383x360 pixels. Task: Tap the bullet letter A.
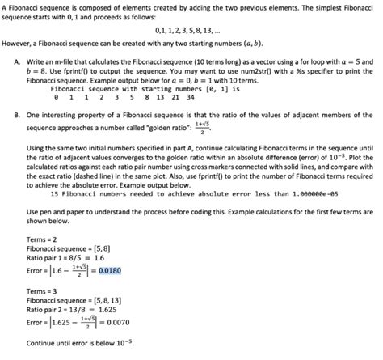tap(17, 61)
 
